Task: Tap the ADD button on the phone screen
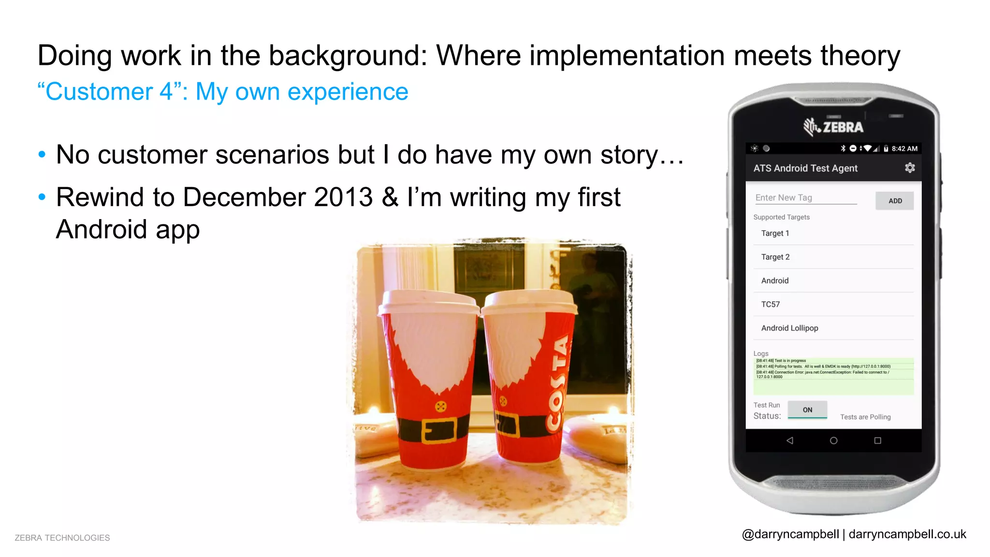tap(894, 201)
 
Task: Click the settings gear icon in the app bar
tap(910, 168)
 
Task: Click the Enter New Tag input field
tap(805, 198)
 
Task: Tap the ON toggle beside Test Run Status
tap(807, 410)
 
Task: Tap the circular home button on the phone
tap(833, 440)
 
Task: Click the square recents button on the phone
tap(877, 440)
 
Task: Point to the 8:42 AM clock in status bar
tap(904, 148)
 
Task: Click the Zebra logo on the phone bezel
tap(833, 127)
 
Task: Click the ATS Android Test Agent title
tap(805, 168)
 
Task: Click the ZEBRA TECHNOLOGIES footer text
tap(62, 538)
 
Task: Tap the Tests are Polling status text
tap(865, 417)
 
